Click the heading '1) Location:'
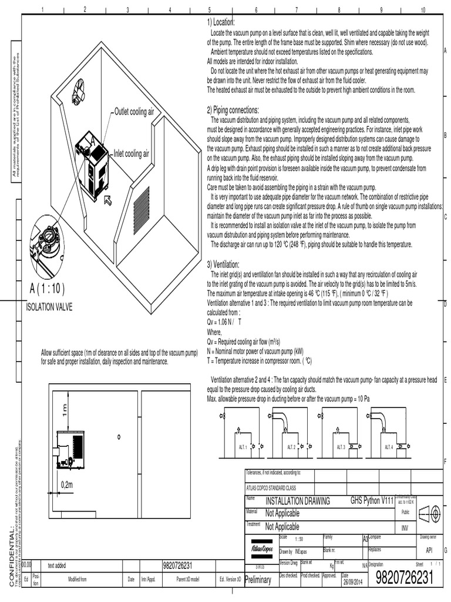(x=220, y=22)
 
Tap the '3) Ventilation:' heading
(x=224, y=264)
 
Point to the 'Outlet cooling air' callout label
(x=134, y=111)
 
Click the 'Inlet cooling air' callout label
(x=132, y=154)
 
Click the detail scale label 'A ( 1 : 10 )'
(x=47, y=289)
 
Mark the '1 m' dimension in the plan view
(x=65, y=409)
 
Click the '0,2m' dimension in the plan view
(x=67, y=484)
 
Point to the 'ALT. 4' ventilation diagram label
(x=388, y=447)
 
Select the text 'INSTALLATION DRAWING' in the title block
(x=298, y=501)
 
